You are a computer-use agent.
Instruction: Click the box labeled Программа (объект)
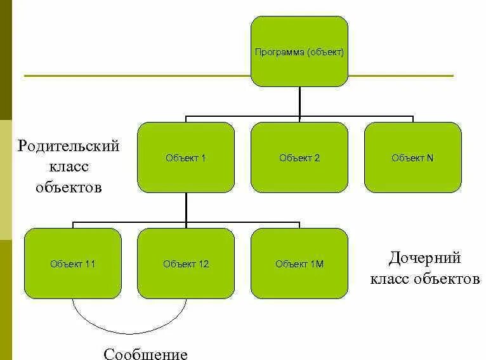coord(299,51)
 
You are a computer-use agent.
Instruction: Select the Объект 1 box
coord(185,157)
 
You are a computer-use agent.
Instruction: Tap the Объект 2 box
coord(299,157)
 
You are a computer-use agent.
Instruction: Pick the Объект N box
coord(412,157)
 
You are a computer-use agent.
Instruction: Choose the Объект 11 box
coord(72,263)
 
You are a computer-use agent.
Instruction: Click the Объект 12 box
coord(185,263)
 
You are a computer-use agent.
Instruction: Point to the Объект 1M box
coord(299,263)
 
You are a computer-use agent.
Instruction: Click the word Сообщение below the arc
coord(145,353)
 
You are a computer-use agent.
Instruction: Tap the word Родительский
coord(69,146)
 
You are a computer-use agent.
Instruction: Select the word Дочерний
coord(424,258)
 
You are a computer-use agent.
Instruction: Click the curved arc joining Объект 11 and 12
coord(129,332)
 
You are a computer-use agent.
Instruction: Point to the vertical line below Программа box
coord(299,102)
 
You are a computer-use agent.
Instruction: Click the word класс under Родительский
coord(69,167)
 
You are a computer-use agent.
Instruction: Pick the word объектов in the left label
coord(69,187)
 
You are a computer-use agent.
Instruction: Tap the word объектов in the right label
coord(447,279)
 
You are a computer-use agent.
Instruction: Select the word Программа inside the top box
coord(279,52)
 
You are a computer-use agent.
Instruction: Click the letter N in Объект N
coord(430,158)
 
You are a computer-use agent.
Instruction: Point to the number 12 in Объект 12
coord(203,264)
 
